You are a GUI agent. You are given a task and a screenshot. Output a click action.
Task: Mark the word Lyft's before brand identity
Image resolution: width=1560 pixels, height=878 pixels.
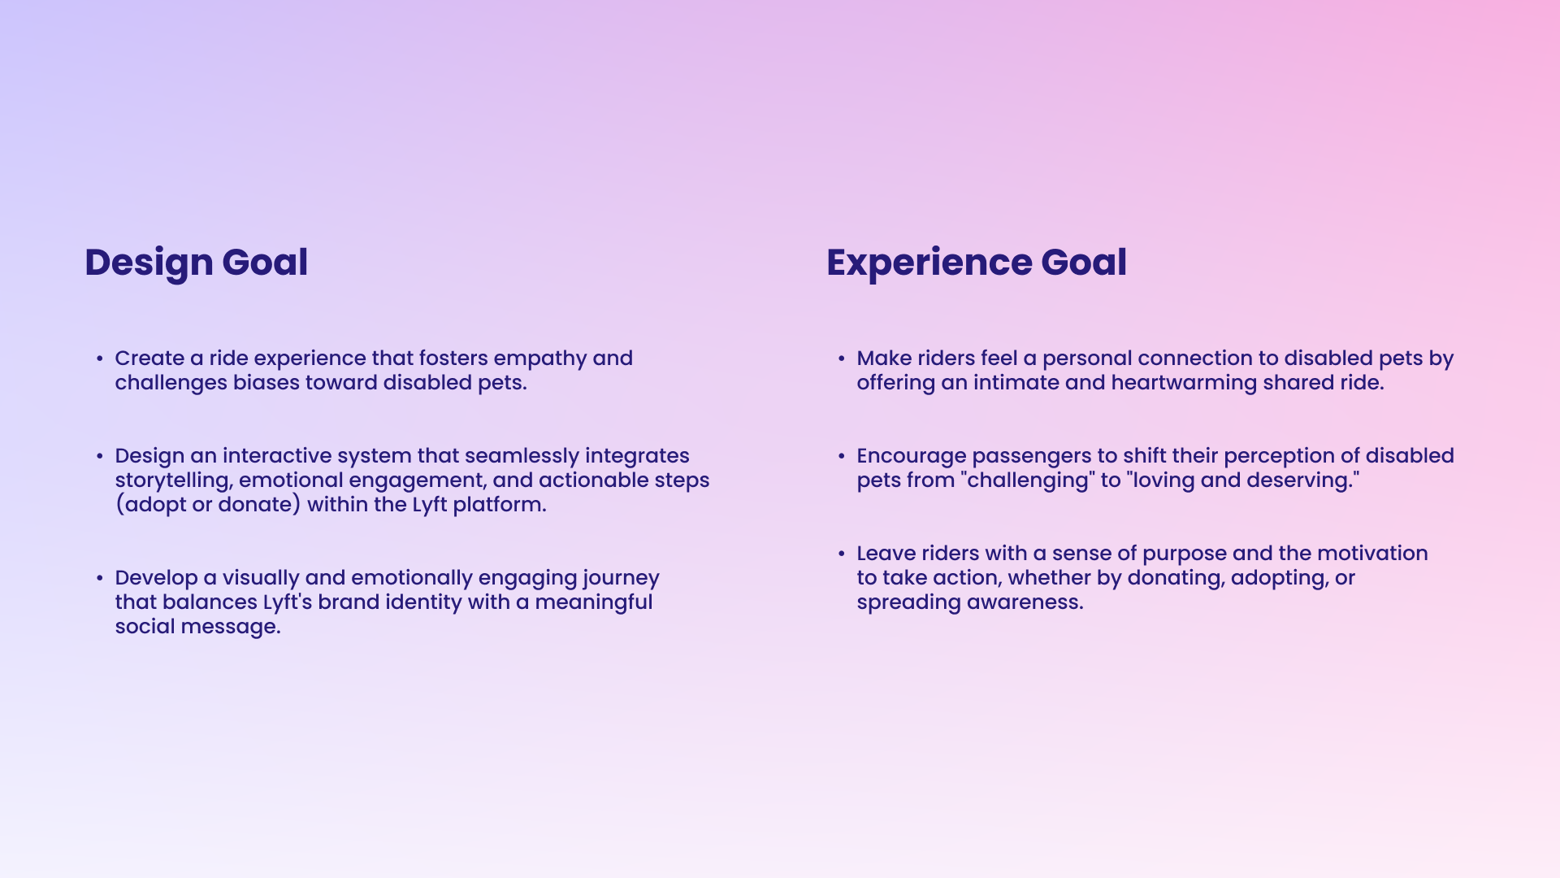point(288,602)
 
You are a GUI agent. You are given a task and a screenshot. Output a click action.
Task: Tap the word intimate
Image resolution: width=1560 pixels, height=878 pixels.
point(1016,383)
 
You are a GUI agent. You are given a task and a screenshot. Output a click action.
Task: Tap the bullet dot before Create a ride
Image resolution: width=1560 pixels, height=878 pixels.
point(99,359)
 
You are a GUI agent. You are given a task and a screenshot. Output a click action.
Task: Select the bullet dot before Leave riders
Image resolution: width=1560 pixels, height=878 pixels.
point(842,554)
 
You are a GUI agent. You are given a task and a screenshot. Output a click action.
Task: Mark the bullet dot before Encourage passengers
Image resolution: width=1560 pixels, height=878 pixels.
point(842,456)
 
